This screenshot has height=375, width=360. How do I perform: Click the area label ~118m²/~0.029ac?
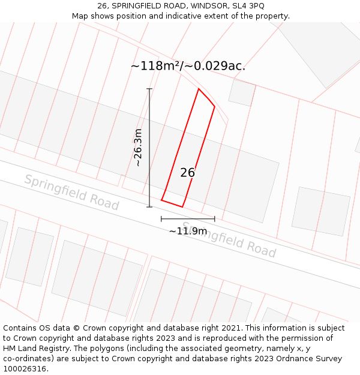[x=188, y=66]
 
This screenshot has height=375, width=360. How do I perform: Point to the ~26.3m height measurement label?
[x=138, y=148]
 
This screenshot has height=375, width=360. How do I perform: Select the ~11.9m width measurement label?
[x=188, y=231]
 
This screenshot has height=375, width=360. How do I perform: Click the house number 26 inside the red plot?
[x=188, y=173]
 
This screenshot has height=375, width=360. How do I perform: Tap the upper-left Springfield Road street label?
[x=71, y=192]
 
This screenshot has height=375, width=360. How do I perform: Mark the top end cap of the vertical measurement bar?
[x=149, y=89]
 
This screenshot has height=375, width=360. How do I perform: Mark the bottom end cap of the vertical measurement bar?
[x=149, y=207]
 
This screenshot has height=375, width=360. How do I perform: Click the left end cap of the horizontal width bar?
[x=161, y=219]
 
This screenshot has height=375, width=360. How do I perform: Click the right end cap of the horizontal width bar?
[x=215, y=219]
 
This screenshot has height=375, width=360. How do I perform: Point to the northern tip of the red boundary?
[x=199, y=89]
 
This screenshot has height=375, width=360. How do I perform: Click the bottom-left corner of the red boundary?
[x=161, y=200]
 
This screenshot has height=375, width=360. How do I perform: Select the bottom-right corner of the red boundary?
[x=182, y=207]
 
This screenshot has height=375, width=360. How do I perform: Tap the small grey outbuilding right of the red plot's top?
[x=242, y=92]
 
